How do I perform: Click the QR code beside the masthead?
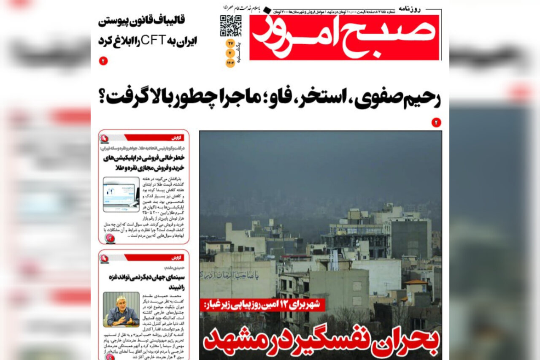click(230, 26)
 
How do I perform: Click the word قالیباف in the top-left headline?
click(177, 20)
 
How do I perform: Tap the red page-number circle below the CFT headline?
click(103, 61)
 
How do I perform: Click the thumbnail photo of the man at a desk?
click(121, 309)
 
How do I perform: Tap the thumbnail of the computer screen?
click(121, 194)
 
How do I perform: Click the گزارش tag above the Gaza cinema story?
click(177, 257)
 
